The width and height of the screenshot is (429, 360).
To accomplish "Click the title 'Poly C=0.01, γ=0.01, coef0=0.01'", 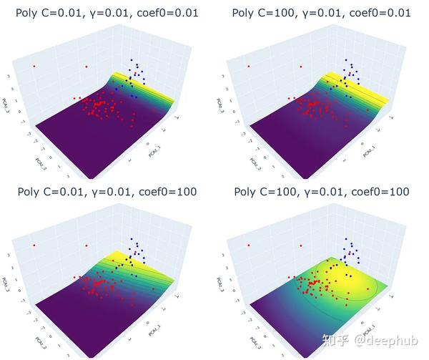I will tap(107, 13).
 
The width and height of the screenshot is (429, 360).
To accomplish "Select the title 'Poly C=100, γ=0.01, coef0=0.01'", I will tap(322, 13).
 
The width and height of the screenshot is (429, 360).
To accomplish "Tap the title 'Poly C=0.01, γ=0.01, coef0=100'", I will tap(107, 192).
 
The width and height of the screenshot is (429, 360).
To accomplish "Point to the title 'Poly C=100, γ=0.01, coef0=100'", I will tap(322, 192).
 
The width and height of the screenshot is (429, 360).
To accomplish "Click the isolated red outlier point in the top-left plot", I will tap(34, 67).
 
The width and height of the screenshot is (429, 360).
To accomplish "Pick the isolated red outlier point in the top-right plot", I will tap(248, 67).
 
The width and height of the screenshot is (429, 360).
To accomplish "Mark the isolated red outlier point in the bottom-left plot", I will tap(34, 245).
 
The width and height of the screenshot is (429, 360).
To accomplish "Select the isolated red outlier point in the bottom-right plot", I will tap(248, 245).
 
